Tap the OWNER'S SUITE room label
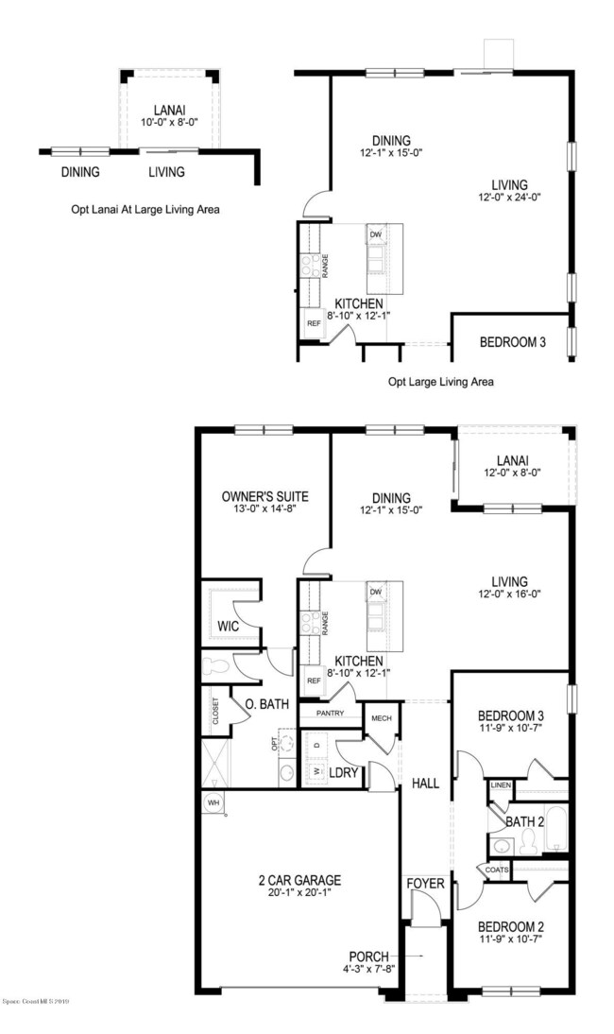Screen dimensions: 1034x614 tap(264, 496)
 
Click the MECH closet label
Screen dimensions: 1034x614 tap(382, 717)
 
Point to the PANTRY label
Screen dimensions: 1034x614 tap(330, 714)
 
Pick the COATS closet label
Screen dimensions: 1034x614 tap(497, 870)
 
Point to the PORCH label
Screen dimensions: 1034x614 tap(370, 956)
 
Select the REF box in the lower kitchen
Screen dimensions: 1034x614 tap(313, 681)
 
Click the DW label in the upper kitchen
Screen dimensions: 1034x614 tap(375, 233)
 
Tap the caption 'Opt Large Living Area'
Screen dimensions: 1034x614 tap(441, 383)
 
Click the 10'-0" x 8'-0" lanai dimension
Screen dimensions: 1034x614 tap(169, 122)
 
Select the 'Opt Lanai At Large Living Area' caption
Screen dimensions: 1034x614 tap(145, 209)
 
